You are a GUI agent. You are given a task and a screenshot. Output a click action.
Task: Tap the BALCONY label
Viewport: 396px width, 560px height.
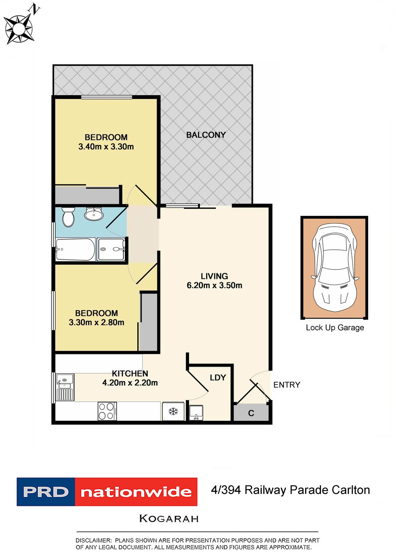206,135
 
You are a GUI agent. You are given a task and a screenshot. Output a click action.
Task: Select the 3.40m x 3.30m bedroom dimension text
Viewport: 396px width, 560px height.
106,147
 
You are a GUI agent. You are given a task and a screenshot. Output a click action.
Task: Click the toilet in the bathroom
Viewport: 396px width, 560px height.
68,217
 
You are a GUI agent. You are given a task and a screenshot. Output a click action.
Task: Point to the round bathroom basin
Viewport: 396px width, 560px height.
94,214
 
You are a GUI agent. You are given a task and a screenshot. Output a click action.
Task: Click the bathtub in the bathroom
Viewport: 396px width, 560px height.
75,249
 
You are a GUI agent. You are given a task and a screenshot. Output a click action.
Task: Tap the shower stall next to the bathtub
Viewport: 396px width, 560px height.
111,249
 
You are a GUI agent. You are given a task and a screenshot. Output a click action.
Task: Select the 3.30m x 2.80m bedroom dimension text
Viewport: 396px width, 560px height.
97,322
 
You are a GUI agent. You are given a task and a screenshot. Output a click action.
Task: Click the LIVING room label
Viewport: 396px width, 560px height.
214,276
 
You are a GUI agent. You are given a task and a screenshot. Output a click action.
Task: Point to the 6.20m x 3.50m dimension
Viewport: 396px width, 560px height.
215,285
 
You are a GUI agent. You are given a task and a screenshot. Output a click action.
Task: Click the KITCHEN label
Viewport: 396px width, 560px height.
130,374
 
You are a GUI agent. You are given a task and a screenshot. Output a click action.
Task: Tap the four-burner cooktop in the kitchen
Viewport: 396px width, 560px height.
107,411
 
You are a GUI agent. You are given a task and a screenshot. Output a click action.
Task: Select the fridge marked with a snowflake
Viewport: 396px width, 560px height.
173,411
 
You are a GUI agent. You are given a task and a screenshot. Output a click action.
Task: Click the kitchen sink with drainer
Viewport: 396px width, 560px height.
65,387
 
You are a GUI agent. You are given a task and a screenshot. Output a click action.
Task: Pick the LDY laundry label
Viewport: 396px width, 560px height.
218,377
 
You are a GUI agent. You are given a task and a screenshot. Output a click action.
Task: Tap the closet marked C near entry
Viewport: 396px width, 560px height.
251,413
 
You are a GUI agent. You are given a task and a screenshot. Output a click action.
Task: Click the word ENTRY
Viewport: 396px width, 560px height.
287,385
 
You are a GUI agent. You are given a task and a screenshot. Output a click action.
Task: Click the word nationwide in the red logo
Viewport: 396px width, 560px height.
136,492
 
